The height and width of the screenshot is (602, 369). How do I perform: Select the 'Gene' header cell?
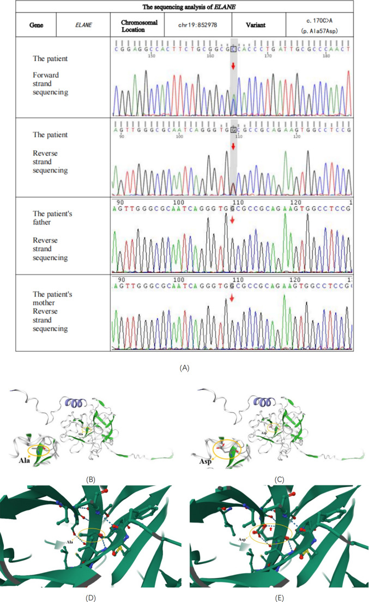coord(30,25)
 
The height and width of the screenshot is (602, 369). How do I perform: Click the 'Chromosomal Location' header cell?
coord(129,25)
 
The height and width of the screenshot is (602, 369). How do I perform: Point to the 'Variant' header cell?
coord(258,25)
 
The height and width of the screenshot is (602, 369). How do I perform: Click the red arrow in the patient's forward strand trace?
coord(233,66)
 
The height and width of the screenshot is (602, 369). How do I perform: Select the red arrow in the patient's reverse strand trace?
coord(233,147)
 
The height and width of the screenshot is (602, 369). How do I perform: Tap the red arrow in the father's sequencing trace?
coord(233,220)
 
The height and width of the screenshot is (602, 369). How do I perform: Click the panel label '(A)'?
coord(184,368)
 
